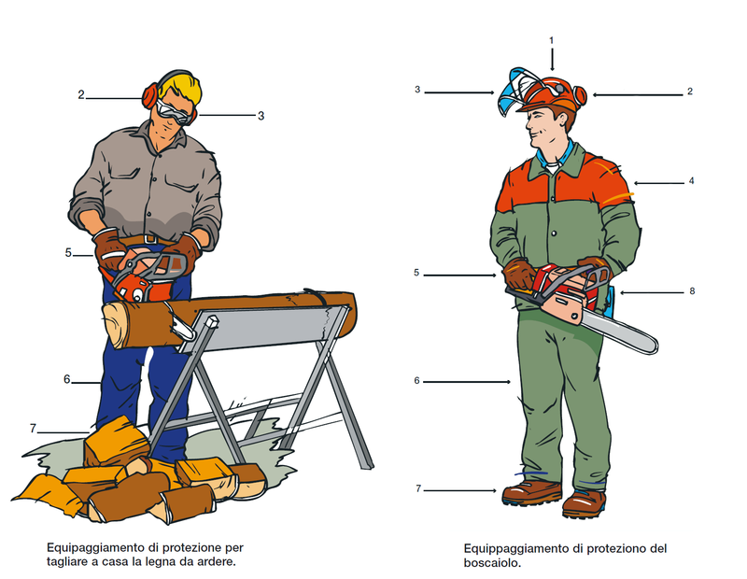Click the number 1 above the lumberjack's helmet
tap(552, 40)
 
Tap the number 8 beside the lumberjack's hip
tap(692, 291)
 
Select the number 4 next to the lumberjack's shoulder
tap(691, 181)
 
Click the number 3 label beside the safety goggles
tap(261, 116)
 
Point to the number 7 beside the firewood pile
tap(33, 429)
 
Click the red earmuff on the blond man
tap(149, 95)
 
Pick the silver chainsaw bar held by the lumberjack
tap(619, 332)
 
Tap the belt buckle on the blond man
tap(149, 238)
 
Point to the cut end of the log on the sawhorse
tap(115, 324)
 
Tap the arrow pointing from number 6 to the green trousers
tap(467, 382)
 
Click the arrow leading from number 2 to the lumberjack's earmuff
tap(638, 95)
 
